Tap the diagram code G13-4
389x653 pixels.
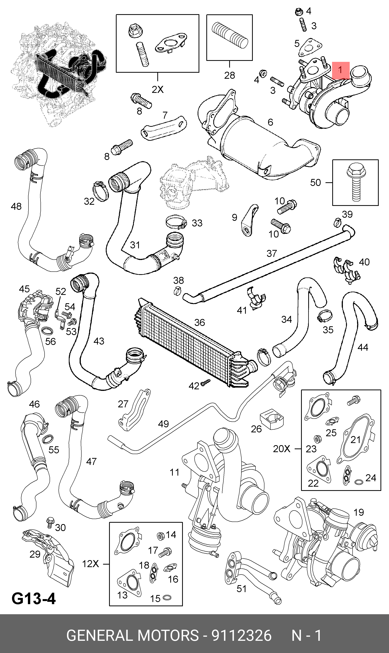tap(34, 599)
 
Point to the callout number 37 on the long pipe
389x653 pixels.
tap(272, 253)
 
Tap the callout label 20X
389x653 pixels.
tap(281, 449)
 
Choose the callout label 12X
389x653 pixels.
tap(90, 564)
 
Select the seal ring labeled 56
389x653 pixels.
tap(47, 331)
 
